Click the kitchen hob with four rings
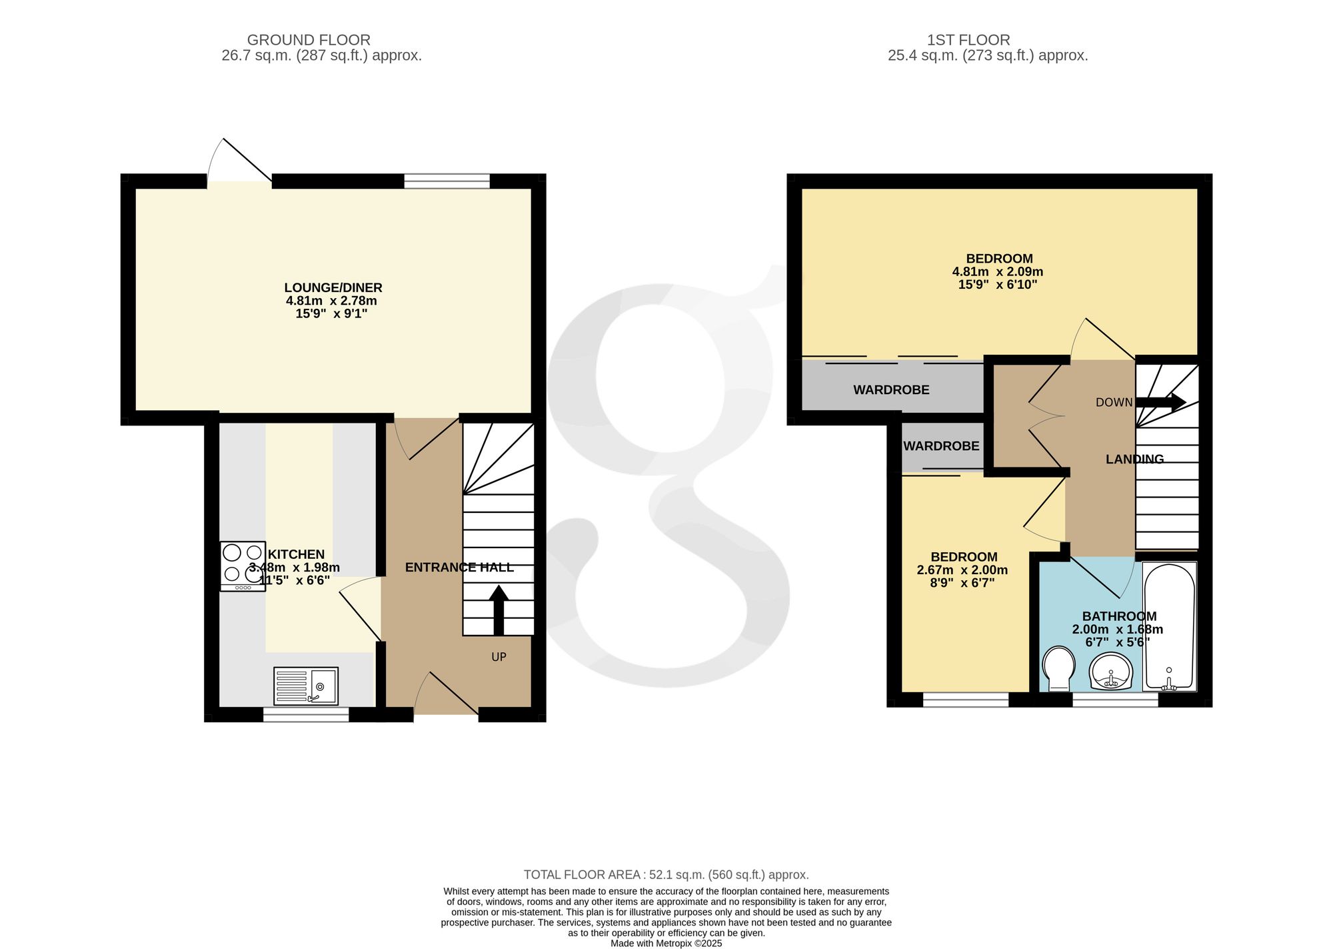pos(243,566)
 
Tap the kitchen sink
pos(307,686)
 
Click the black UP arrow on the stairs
pos(499,610)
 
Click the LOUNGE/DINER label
pos(333,288)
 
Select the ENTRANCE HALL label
pos(459,568)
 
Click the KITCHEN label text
pos(296,554)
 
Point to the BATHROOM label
pos(1119,616)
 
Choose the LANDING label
pos(1134,459)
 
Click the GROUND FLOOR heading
pos(309,40)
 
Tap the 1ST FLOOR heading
pos(968,40)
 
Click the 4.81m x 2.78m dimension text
pos(331,301)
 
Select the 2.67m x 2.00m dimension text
pos(962,570)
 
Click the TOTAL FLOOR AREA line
pos(666,874)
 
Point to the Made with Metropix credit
pos(666,944)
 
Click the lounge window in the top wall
pos(447,181)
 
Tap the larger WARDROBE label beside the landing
pos(891,390)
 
